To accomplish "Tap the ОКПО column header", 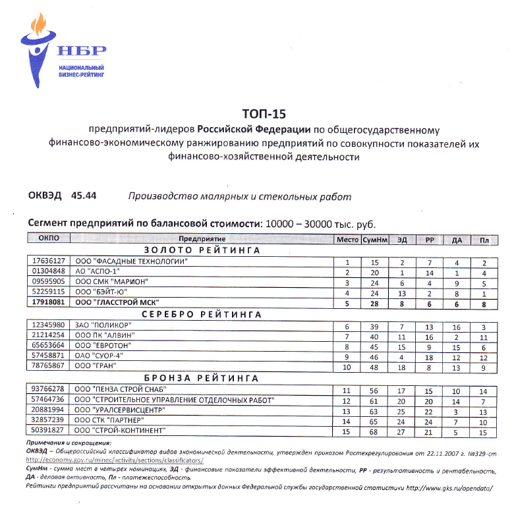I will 49,240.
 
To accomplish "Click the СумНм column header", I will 374,240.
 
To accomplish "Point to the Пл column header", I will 484,240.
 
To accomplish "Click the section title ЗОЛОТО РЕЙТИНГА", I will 202,251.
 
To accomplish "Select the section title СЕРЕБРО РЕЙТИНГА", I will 202,315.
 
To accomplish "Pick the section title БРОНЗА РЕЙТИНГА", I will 202,378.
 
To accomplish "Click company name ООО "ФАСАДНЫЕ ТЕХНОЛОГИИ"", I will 131,261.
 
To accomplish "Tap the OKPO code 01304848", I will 49,271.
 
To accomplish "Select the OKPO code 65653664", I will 49,346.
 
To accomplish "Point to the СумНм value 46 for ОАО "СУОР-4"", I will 374,356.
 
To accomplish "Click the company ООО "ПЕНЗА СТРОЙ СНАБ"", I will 120,389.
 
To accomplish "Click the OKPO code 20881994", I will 49,410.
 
